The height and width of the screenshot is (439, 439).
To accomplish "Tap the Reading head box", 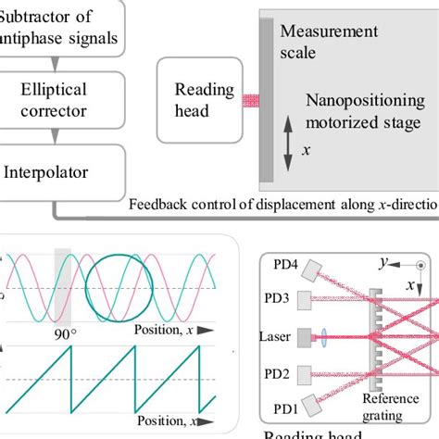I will (199, 99).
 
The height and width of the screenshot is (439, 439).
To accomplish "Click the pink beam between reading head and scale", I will (250, 100).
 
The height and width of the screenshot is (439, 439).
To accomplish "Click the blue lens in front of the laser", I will (355, 338).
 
